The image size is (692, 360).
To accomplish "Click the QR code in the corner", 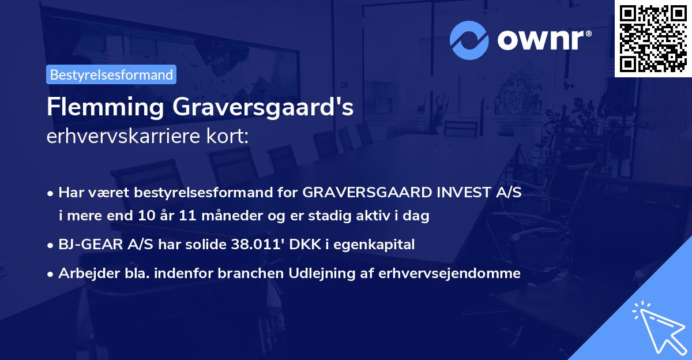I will pyautogui.click(x=653, y=38).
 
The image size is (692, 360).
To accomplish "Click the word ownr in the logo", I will pyautogui.click(x=543, y=39).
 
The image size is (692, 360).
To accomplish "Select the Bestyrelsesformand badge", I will pyautogui.click(x=111, y=74).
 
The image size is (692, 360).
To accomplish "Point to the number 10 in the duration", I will pyautogui.click(x=145, y=216).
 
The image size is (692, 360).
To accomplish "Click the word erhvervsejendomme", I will pyautogui.click(x=450, y=273).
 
